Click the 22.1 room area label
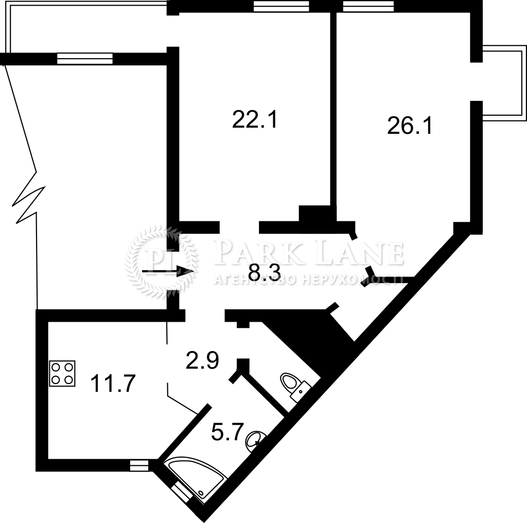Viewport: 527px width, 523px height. [x=255, y=119]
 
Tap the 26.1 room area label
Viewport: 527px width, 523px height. [x=409, y=126]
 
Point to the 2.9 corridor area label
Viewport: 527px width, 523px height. [x=202, y=360]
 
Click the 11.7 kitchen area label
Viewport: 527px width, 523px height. [x=113, y=383]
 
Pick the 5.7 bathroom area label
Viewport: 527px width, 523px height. [x=227, y=432]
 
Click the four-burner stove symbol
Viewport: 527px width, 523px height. [x=62, y=373]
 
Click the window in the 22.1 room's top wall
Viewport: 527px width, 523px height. [x=281, y=6]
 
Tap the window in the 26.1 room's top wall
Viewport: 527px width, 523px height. [x=368, y=6]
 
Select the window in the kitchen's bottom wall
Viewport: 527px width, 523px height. [x=139, y=466]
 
